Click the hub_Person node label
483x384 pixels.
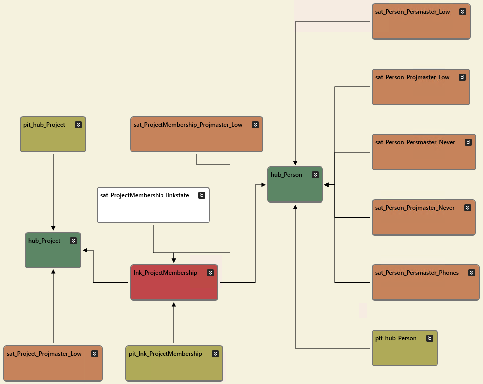click(286, 175)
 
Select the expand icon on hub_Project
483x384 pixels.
click(73, 241)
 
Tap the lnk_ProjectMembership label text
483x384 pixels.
click(165, 273)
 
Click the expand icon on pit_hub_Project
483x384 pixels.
click(78, 125)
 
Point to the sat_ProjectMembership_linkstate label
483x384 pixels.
click(145, 195)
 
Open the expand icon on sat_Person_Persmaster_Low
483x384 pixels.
click(463, 12)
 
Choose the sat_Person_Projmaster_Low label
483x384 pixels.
click(412, 77)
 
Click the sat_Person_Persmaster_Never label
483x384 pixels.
click(415, 142)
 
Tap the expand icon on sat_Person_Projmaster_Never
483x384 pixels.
click(467, 208)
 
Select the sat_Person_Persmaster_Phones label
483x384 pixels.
click(417, 273)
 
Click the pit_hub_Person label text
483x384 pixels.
click(396, 338)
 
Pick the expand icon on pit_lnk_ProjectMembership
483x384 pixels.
click(215, 354)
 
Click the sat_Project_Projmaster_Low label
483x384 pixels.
click(44, 354)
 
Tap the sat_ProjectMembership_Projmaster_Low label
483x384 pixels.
click(188, 125)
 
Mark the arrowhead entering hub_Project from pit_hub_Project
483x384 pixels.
click(53, 229)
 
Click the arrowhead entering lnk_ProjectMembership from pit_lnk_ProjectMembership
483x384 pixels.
click(174, 304)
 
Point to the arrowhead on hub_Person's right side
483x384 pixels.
click(327, 185)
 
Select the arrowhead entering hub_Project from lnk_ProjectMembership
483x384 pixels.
click(85, 250)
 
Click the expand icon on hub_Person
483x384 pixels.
click(315, 175)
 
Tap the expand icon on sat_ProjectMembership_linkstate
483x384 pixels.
click(202, 195)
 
